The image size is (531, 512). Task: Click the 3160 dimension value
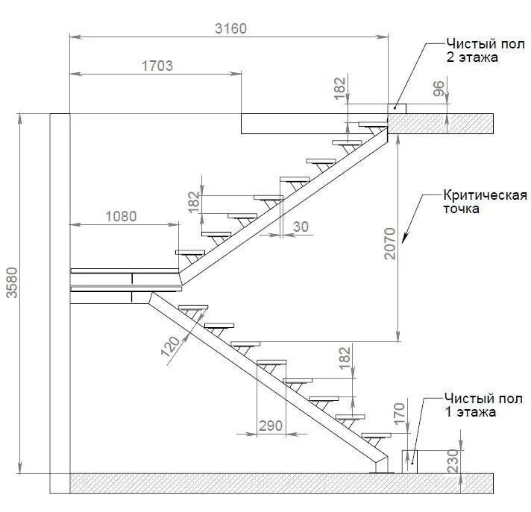[x=230, y=28]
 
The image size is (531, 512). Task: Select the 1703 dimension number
[x=157, y=66]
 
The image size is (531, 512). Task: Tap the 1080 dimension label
[x=121, y=217]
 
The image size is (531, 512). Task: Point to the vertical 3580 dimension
[x=11, y=293]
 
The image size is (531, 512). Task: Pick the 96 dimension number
[x=439, y=89]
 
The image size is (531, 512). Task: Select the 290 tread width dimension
[x=270, y=426]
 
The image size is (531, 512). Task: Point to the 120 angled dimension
[x=174, y=345]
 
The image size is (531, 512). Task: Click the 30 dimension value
[x=301, y=227]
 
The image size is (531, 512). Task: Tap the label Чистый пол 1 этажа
[x=470, y=404]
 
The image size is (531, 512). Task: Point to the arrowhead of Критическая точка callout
[x=405, y=240]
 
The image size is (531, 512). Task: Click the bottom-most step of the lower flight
[x=377, y=435]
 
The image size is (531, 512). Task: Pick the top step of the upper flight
[x=371, y=124]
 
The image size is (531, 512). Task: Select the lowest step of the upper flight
[x=190, y=252]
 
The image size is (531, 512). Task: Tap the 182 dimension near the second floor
[x=340, y=88]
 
